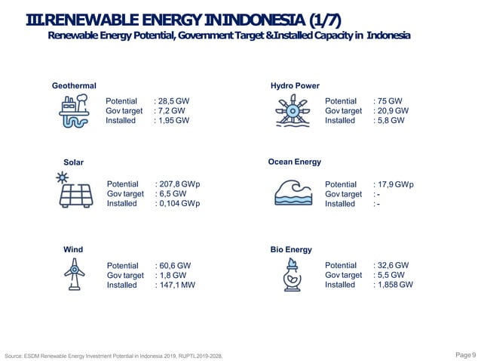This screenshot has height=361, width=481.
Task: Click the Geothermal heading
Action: (74, 86)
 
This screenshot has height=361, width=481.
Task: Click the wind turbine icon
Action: (74, 275)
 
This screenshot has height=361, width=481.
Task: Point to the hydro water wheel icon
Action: (291, 113)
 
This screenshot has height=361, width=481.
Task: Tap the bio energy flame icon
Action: (291, 274)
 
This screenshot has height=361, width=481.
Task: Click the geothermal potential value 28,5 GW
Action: (173, 101)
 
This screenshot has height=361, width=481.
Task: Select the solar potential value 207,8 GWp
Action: (179, 184)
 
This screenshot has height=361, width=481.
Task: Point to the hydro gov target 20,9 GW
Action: (392, 111)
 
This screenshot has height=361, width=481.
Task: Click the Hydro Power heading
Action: (295, 86)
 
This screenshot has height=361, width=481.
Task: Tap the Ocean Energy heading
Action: (295, 162)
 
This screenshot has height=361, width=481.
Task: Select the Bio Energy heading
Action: (291, 249)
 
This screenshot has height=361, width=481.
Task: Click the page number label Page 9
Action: (466, 354)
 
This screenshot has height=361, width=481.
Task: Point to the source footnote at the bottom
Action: (113, 355)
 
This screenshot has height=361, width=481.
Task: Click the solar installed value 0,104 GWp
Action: (180, 204)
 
